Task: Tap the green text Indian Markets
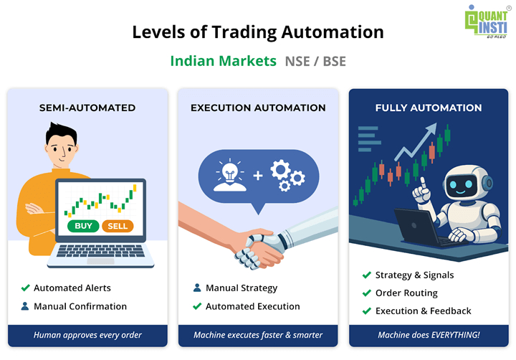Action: [223, 60]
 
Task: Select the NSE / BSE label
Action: [315, 60]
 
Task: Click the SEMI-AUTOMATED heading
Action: [87, 108]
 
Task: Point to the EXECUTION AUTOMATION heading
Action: [258, 108]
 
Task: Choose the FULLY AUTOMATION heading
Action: [429, 108]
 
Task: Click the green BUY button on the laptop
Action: [82, 226]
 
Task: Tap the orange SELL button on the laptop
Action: [118, 226]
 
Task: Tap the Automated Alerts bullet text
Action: [72, 288]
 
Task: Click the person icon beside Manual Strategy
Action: [197, 288]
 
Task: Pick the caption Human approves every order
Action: [87, 335]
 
